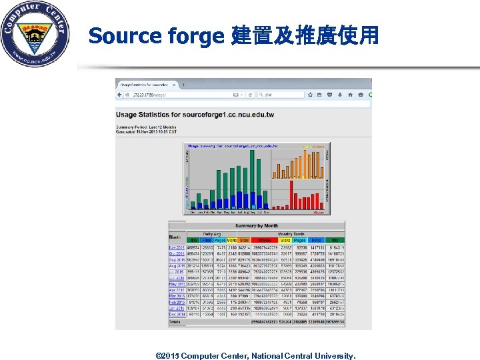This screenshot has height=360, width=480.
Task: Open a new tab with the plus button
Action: [183, 85]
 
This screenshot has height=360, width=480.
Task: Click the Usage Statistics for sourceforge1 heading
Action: [195, 115]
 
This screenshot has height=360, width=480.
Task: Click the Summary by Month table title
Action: [257, 226]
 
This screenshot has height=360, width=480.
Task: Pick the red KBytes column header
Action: [264, 240]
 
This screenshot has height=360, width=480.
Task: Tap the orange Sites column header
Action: [244, 240]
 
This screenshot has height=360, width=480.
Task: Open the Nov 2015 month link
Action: [176, 248]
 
